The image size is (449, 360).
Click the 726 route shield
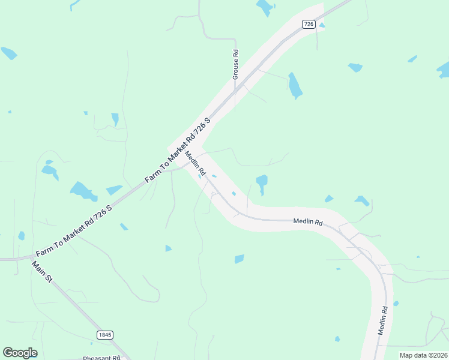click(309, 24)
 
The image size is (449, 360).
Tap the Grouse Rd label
click(236, 64)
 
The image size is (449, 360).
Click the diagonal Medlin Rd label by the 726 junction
click(196, 164)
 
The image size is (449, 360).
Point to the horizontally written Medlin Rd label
click(308, 222)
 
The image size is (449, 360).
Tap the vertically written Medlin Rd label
click(382, 320)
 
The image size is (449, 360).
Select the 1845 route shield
click(104, 334)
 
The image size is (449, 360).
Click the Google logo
click(20, 353)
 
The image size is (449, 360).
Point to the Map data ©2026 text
click(423, 355)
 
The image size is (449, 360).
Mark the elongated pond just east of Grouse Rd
click(294, 86)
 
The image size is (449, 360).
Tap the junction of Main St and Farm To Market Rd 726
click(32, 258)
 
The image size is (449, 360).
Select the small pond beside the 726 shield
click(322, 25)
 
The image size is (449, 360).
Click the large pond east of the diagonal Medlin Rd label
click(262, 182)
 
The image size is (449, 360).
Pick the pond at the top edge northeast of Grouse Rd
click(264, 7)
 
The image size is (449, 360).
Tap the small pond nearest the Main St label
click(22, 236)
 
